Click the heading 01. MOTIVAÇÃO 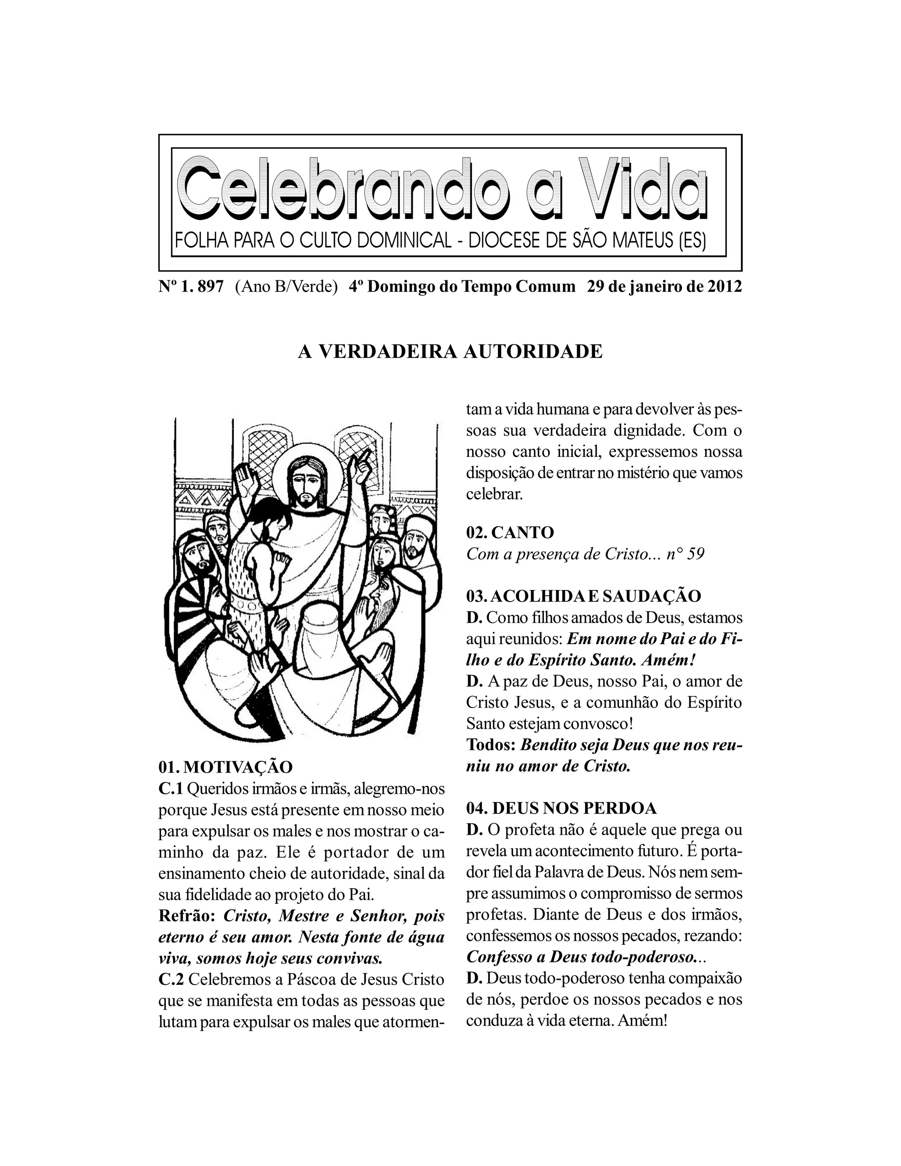click(x=226, y=767)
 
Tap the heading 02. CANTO click(x=510, y=532)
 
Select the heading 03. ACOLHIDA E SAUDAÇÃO click(x=583, y=596)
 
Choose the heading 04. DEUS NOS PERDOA click(x=561, y=808)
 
